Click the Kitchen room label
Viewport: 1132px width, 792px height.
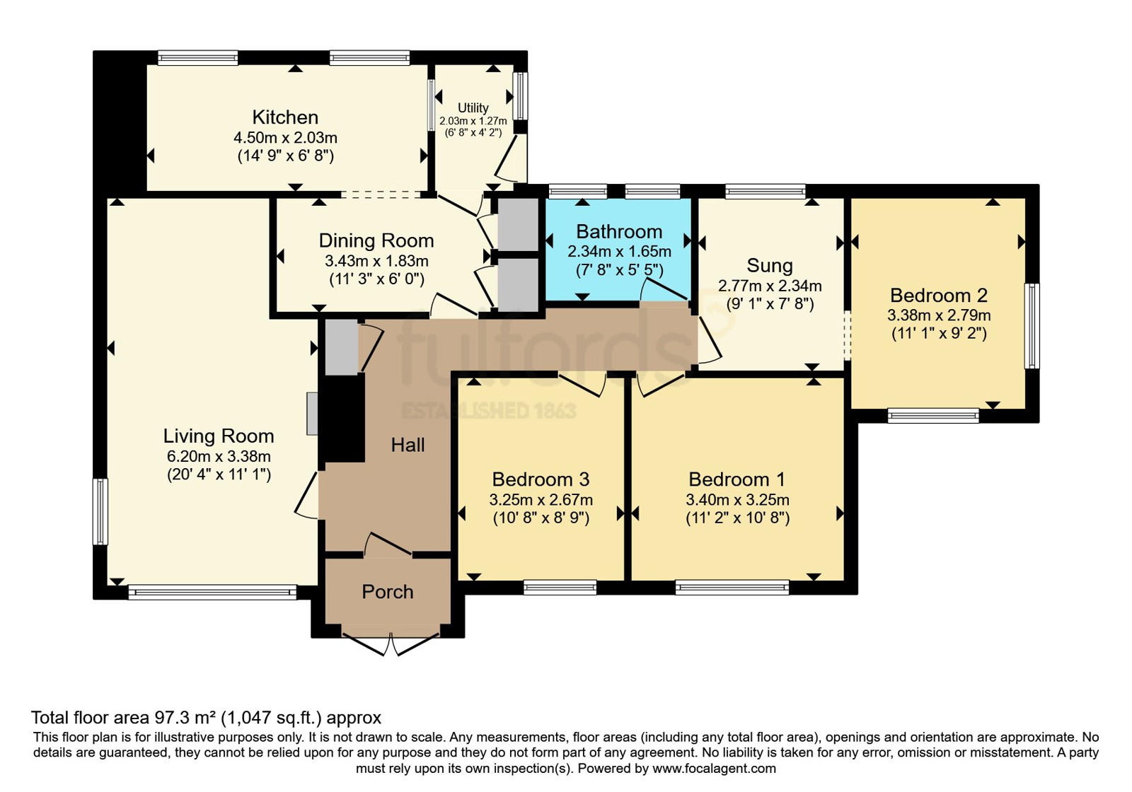coord(285,117)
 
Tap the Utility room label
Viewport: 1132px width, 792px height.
coord(473,107)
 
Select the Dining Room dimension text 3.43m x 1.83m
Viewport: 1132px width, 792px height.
coord(376,261)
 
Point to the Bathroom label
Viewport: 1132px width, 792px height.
coord(619,231)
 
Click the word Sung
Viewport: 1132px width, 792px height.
coord(770,266)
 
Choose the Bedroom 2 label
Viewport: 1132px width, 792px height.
coord(939,295)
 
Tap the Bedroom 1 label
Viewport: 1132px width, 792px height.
coord(737,479)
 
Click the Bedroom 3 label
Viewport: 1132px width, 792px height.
coord(541,479)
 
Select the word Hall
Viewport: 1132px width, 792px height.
coord(408,445)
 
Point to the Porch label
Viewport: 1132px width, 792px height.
coord(388,592)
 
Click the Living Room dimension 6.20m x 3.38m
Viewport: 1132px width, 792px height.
coord(219,456)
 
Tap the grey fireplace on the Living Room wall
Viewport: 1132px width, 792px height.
coord(313,414)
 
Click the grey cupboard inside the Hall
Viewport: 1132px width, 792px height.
coord(342,347)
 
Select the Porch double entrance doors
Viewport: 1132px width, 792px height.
coord(390,643)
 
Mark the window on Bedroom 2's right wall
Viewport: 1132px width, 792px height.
coord(1032,326)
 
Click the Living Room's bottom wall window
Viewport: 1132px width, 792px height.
coord(212,592)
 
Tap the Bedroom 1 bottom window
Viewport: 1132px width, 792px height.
coord(732,587)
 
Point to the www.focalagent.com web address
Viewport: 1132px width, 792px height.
coord(714,768)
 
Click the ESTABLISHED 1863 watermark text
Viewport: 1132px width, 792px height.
coord(489,411)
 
